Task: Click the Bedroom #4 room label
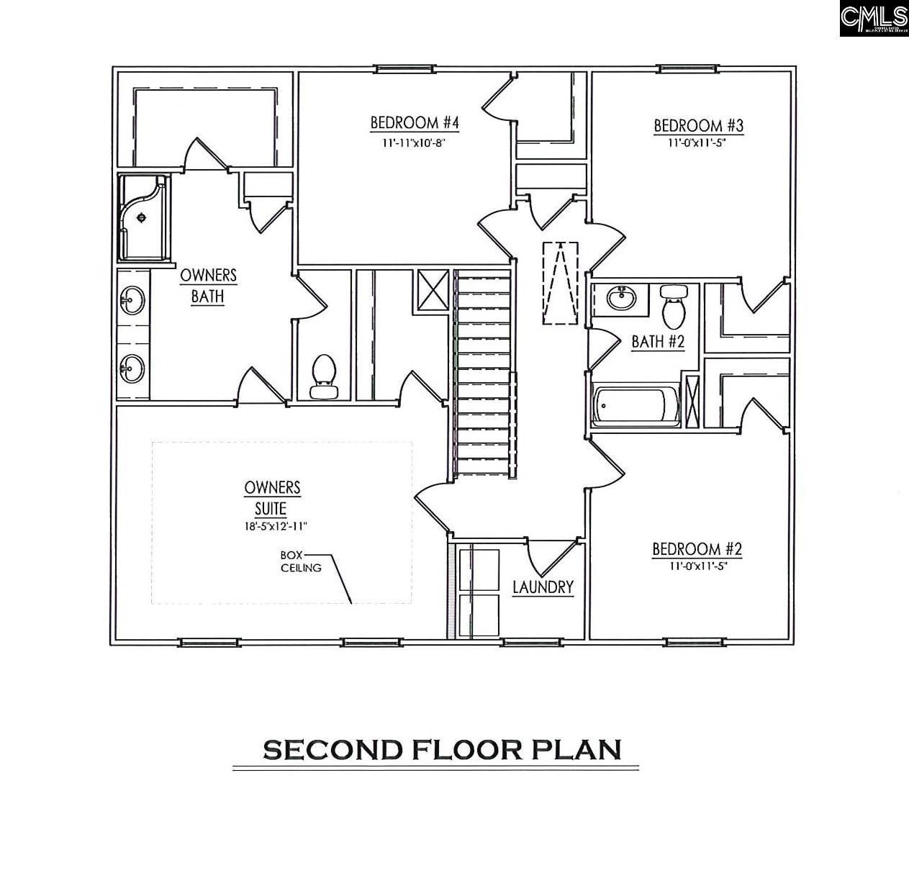point(414,123)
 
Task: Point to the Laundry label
point(543,587)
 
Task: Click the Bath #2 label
point(657,341)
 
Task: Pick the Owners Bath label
point(208,286)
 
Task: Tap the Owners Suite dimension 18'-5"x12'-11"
point(275,526)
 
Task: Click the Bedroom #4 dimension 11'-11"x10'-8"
point(414,143)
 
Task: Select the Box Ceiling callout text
point(302,561)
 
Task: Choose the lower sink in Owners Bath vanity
point(132,368)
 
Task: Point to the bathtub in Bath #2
point(636,406)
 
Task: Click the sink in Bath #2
point(620,297)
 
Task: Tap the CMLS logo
point(873,18)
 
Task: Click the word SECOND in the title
point(333,750)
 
